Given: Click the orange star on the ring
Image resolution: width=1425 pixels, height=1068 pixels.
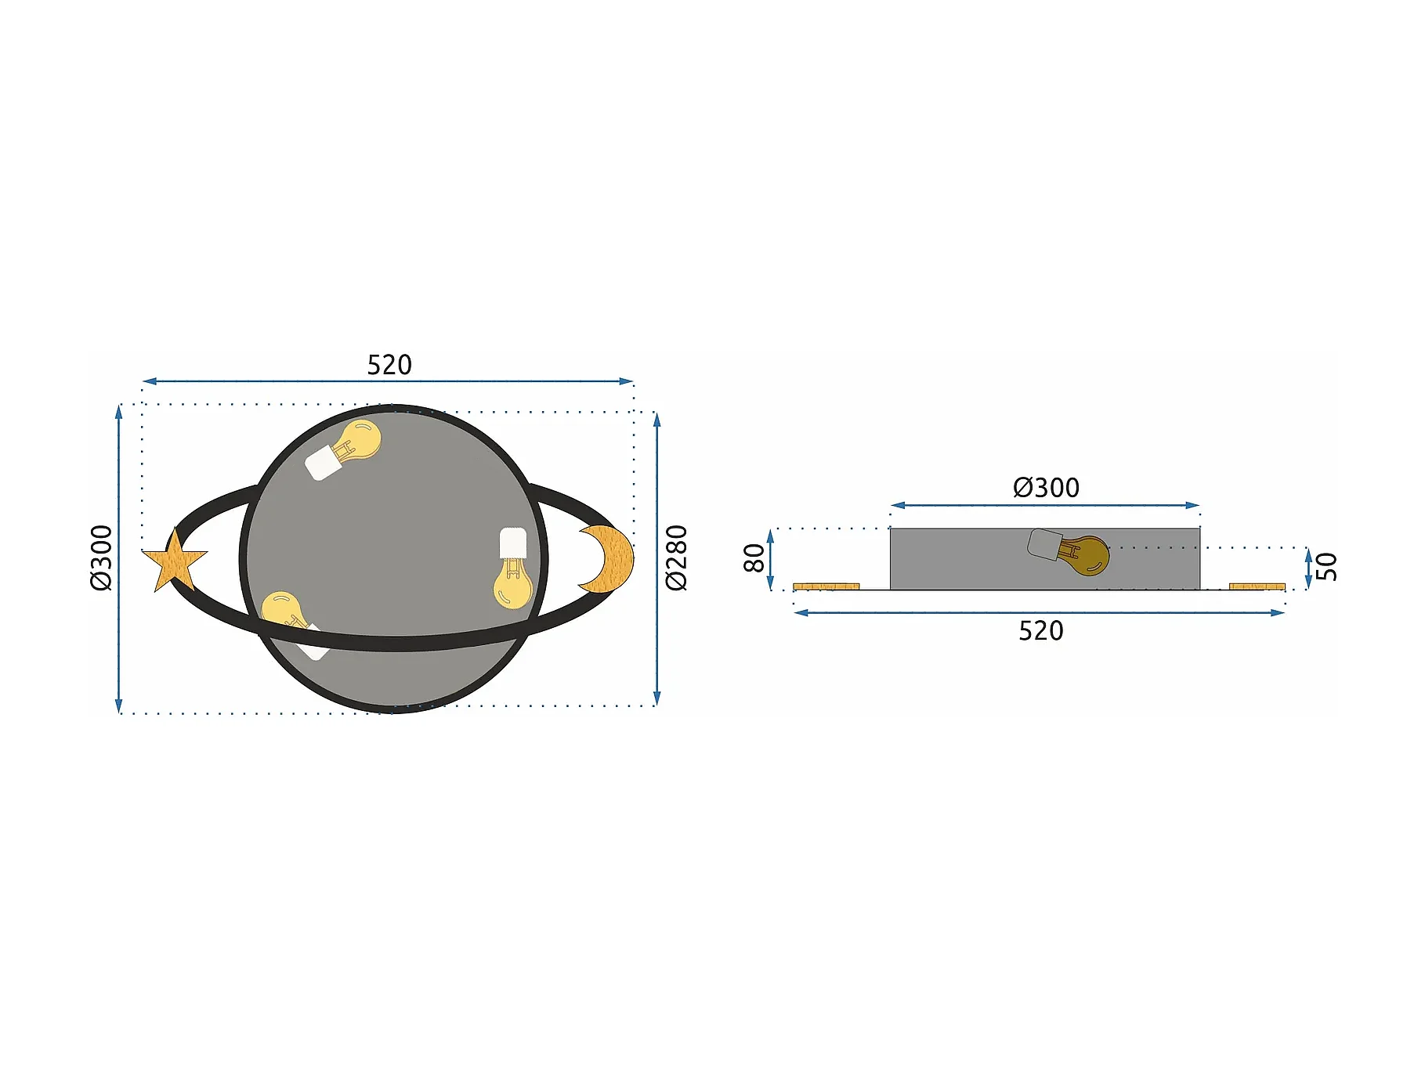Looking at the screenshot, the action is coord(174,561).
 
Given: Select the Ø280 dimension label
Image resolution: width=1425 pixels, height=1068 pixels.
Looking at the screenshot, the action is coord(676,557).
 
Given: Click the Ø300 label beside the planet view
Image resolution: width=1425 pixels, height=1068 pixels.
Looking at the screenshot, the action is coord(101,557).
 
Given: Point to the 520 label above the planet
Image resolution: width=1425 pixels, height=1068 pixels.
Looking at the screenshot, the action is coord(389,365).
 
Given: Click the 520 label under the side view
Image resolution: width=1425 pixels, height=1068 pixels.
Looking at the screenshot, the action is coord(1041,631).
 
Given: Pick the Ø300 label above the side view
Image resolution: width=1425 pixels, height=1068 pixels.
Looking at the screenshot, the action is coord(1046,488).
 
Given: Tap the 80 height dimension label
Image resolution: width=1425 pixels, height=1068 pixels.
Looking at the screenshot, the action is coord(754,558).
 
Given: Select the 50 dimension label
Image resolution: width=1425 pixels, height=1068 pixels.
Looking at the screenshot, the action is coord(1327,567).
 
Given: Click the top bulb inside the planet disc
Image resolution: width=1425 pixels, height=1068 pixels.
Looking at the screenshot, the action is coord(345,449).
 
